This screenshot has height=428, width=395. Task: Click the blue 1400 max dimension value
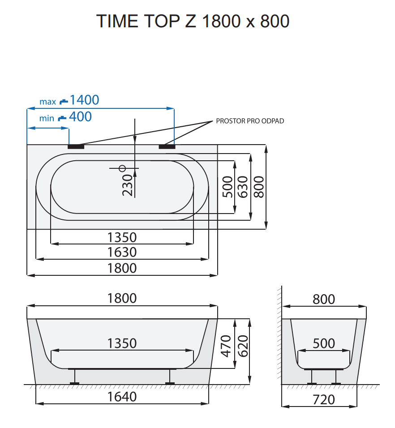coord(84,100)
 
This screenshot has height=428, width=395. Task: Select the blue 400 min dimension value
coord(81,117)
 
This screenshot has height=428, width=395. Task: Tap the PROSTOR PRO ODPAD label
coord(250,121)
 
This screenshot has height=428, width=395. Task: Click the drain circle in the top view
coord(122,168)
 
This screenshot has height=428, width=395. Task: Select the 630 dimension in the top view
coord(242,187)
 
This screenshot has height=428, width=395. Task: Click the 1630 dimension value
coord(122,252)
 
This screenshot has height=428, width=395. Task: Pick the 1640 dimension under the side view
coord(122,396)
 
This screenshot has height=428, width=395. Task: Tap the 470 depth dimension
coord(227,346)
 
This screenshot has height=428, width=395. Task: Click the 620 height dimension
coord(242,346)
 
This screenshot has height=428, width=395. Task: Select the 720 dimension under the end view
coord(324,399)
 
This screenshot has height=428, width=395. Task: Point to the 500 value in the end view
coord(324,343)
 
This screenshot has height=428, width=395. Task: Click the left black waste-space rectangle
coord(76,146)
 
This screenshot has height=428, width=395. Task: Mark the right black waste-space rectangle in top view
coord(167,146)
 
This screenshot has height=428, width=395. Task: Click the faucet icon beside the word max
coord(64,101)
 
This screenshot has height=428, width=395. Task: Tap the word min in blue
coord(47,119)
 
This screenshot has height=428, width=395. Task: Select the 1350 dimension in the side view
coord(122,343)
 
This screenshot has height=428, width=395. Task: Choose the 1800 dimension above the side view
coord(122,298)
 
